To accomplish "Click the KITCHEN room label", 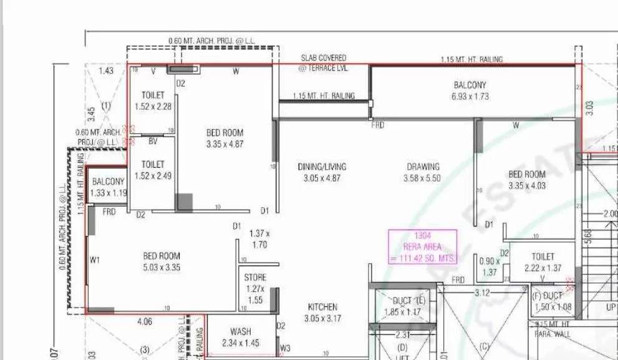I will tap(322, 307).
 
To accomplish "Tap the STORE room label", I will tap(255, 277).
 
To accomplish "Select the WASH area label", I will tap(240, 332).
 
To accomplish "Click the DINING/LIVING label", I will tap(322, 167).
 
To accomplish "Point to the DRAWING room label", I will tap(423, 167).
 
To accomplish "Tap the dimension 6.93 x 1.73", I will tap(470, 97).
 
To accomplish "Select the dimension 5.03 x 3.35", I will tap(162, 267).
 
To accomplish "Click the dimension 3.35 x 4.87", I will tap(225, 144).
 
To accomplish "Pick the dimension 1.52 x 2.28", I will tap(153, 107).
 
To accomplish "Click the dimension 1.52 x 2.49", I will tap(153, 176).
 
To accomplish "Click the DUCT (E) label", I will tap(409, 301).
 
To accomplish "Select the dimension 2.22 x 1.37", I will tap(543, 268).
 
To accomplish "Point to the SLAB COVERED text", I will tap(324, 58).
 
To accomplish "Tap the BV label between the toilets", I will tap(153, 142).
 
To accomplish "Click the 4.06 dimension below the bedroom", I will tap(144, 322).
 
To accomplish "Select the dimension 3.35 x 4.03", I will tap(526, 185).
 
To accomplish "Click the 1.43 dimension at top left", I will tap(106, 71).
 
